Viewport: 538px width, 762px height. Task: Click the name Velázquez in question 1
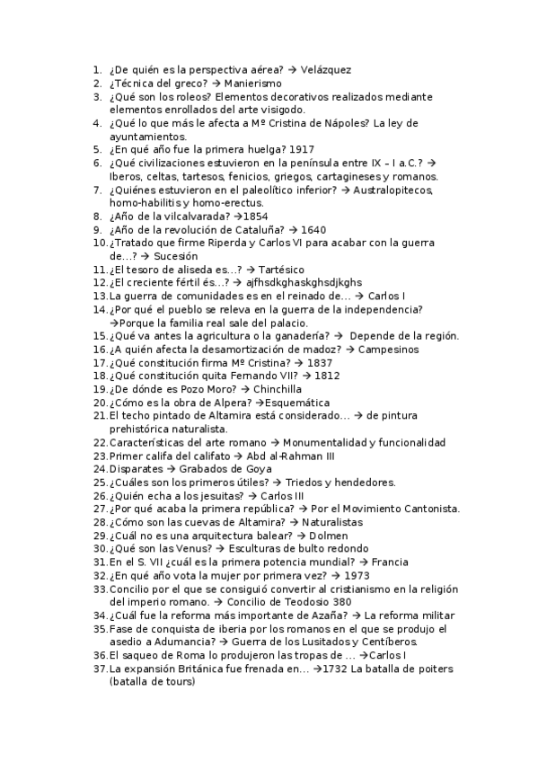[326, 69]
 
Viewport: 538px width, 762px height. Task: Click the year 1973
[357, 575]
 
